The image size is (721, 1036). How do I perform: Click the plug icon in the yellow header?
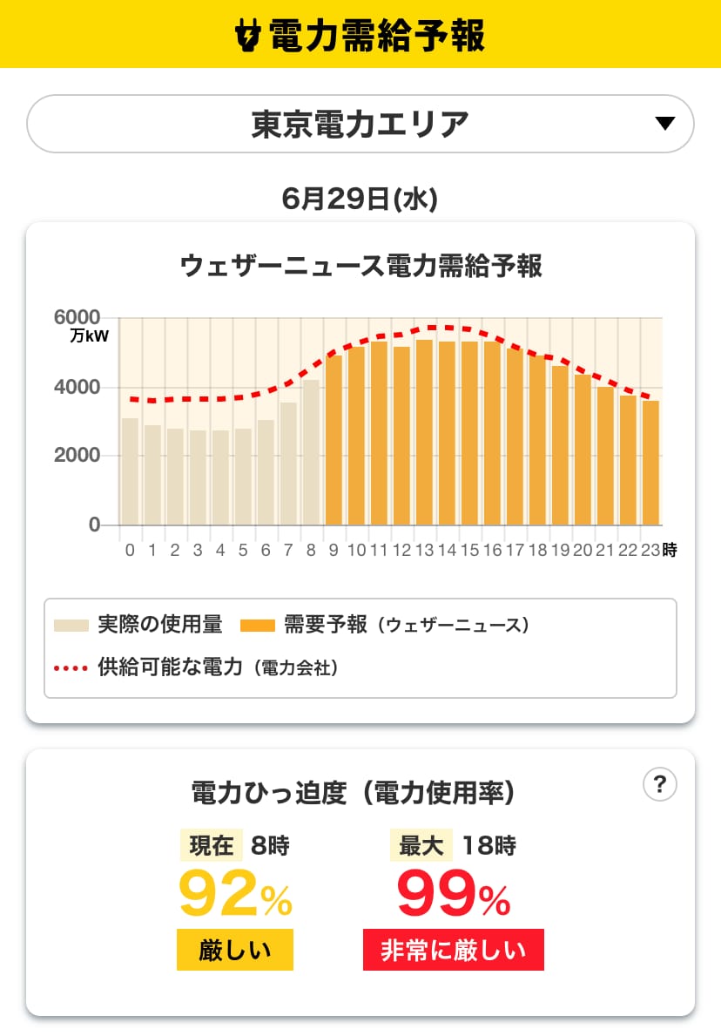249,34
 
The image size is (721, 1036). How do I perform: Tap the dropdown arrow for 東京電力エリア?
665,124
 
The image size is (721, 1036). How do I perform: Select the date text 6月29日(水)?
360,199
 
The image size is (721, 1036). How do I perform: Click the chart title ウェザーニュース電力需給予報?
360,266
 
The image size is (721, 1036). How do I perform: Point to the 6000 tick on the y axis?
77,317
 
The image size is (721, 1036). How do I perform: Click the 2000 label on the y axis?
77,455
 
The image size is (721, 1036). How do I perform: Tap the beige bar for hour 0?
130,471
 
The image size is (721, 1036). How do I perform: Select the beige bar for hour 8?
311,452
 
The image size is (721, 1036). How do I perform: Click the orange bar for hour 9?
334,440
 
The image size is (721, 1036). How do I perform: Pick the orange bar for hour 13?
424,432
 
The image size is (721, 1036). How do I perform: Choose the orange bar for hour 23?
651,464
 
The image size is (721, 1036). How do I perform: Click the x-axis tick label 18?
537,551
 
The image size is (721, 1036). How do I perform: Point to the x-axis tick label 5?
243,551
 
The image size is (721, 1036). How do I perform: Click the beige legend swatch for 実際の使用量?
71,625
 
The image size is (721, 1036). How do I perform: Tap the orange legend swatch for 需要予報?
258,625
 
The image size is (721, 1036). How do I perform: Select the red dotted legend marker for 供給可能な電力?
71,668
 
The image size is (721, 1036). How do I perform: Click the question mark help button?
659,784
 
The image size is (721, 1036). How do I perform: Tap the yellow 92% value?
236,893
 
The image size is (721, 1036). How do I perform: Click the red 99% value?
454,893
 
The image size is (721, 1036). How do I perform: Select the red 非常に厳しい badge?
454,950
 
